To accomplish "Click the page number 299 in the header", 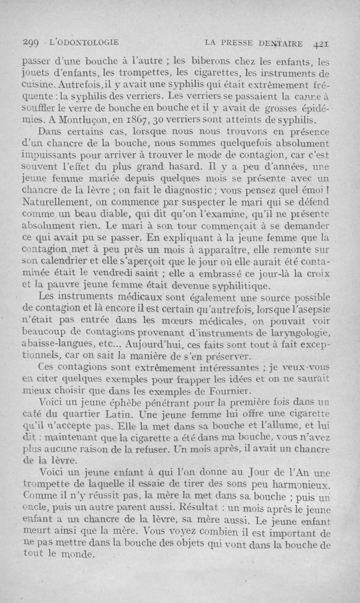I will click(x=31, y=44).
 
